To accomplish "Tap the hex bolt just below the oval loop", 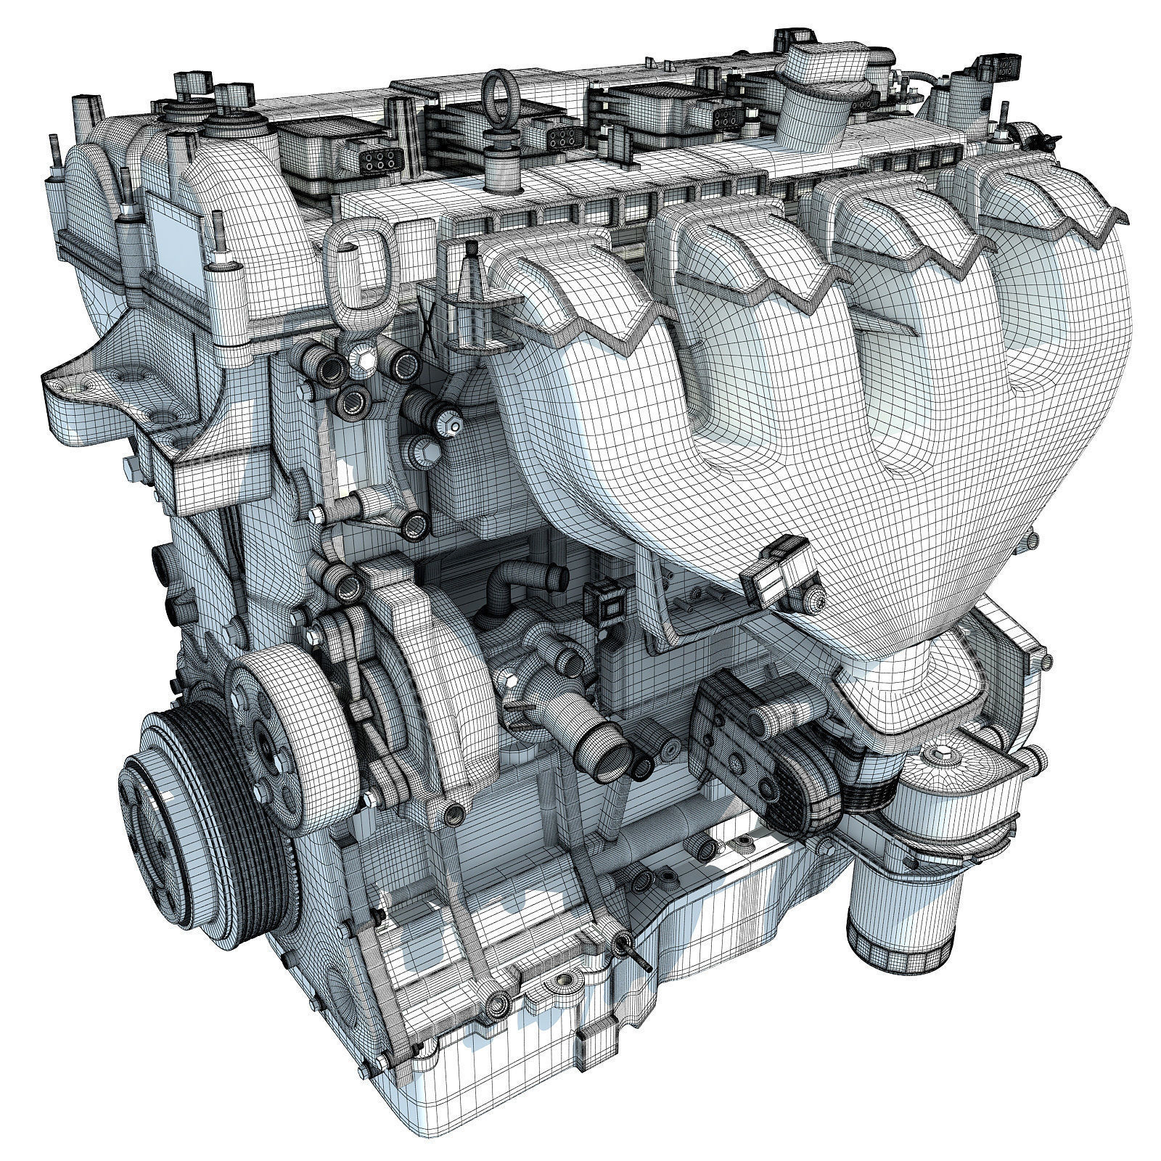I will (x=361, y=356).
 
